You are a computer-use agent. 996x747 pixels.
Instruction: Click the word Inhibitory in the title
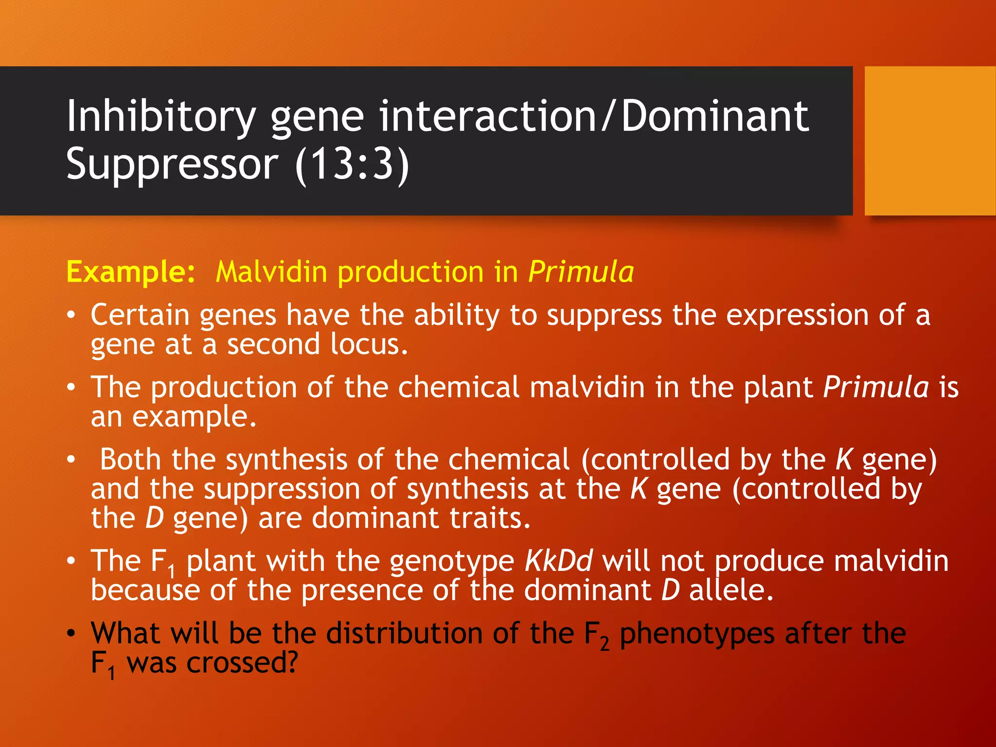click(x=160, y=117)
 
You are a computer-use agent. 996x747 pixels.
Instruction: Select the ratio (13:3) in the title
click(x=352, y=164)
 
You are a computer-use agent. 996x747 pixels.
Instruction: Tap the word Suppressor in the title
click(x=172, y=164)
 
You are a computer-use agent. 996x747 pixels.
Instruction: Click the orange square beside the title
click(x=930, y=141)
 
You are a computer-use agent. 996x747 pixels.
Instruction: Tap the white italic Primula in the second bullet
click(x=876, y=388)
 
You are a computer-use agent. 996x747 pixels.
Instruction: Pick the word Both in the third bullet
click(x=130, y=460)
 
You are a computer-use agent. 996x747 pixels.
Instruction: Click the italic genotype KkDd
click(x=558, y=561)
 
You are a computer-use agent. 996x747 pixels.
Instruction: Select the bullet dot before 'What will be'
click(x=71, y=633)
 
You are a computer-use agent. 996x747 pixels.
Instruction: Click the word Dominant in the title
click(x=715, y=117)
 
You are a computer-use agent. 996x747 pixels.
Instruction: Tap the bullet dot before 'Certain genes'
click(x=71, y=315)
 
